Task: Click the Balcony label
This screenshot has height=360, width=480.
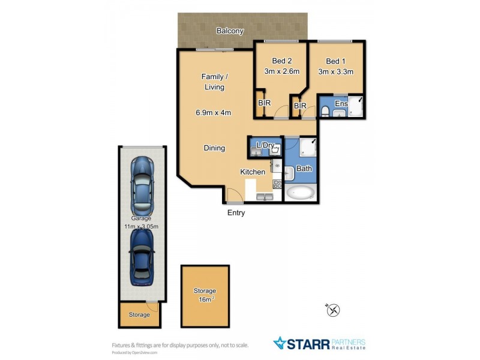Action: tap(230, 31)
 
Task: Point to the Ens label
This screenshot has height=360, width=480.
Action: tap(341, 104)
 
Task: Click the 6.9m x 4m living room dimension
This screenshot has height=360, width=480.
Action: tap(213, 112)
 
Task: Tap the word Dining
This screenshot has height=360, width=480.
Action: tap(214, 148)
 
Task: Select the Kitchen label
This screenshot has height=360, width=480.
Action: tap(253, 172)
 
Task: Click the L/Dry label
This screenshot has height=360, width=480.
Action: tap(265, 145)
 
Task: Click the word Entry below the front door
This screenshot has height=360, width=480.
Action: tap(236, 213)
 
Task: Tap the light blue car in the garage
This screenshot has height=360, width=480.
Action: tap(142, 185)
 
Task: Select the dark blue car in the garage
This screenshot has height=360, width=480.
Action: tap(142, 256)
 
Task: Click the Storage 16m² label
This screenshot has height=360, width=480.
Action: tap(205, 295)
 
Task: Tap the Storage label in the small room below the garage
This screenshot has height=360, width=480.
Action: tap(139, 314)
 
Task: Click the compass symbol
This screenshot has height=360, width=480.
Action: tap(334, 310)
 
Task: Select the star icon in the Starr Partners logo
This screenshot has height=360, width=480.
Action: tap(280, 343)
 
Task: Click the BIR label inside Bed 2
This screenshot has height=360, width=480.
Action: tap(265, 103)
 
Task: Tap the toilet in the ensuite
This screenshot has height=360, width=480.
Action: tap(324, 110)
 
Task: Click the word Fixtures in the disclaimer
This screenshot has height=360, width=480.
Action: tap(124, 345)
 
